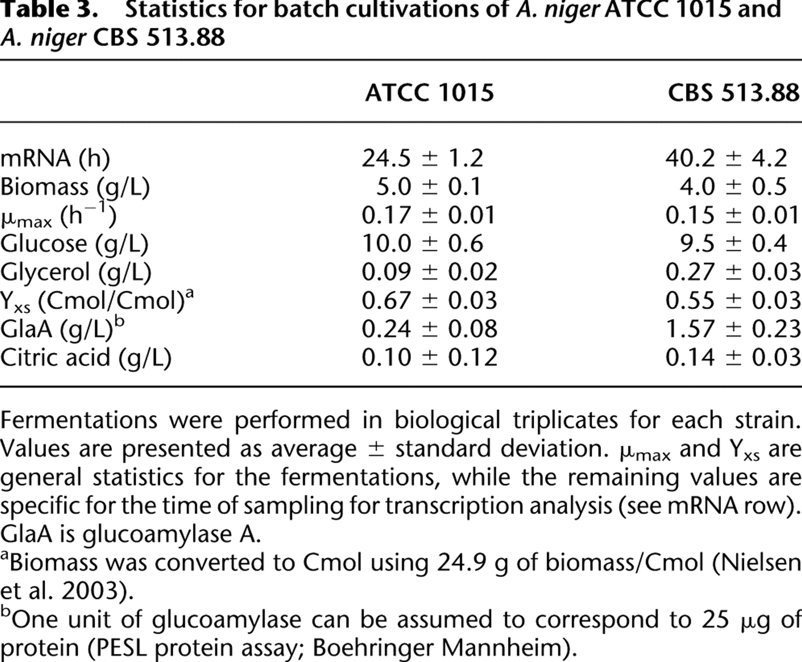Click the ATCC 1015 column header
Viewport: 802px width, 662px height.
point(429,93)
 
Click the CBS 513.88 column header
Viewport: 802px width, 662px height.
point(734,93)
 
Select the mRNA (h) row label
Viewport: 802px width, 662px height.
point(55,159)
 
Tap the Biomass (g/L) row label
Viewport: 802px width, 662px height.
point(75,187)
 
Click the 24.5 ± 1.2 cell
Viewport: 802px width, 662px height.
point(422,159)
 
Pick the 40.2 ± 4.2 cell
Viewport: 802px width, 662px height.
point(726,159)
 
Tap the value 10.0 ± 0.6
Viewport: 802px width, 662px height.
point(422,244)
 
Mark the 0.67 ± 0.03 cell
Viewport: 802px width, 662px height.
point(429,301)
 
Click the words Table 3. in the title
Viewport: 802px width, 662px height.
point(49,10)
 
